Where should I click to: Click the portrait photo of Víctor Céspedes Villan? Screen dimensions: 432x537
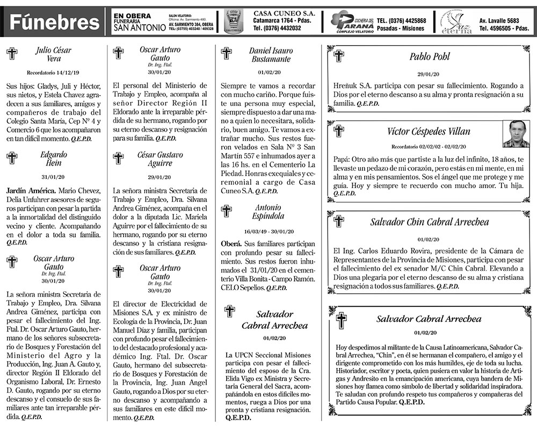(x=516, y=134)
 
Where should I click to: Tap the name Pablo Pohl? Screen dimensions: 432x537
(x=429, y=57)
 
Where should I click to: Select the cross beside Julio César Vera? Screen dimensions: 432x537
(x=11, y=53)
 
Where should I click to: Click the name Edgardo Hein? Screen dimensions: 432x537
(x=53, y=159)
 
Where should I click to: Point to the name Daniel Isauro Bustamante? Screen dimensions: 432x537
(x=271, y=55)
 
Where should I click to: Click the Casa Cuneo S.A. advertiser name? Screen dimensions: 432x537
(x=284, y=13)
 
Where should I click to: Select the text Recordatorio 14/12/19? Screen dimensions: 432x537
(x=53, y=72)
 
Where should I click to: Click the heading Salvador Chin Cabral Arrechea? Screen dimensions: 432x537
(x=430, y=222)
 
